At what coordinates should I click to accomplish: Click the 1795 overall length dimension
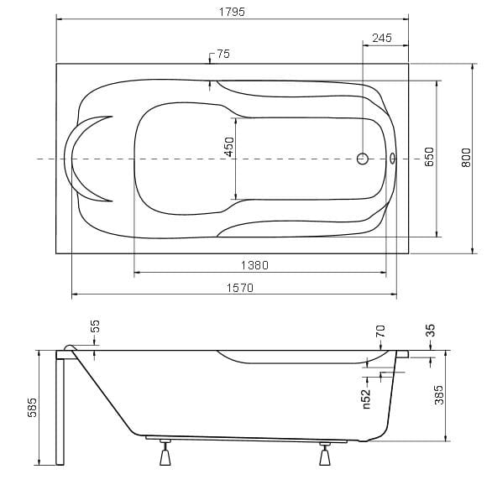pos(232,12)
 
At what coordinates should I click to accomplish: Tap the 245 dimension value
pos(382,38)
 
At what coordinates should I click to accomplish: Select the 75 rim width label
pos(223,54)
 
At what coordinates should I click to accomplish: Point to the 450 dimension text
pos(229,147)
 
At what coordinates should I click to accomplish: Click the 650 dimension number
pos(429,157)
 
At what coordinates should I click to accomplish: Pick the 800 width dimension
pos(466,158)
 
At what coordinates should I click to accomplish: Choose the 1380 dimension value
pos(254,265)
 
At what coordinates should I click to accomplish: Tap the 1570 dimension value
pos(240,288)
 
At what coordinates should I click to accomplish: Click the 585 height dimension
pos(32,408)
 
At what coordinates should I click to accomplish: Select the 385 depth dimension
pos(439,395)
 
